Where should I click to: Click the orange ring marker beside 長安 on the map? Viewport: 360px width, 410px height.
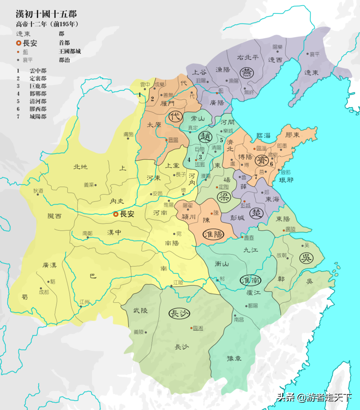[116, 214]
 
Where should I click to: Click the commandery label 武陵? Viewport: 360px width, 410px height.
[140, 311]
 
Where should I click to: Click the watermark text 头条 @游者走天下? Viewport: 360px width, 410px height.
[314, 397]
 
